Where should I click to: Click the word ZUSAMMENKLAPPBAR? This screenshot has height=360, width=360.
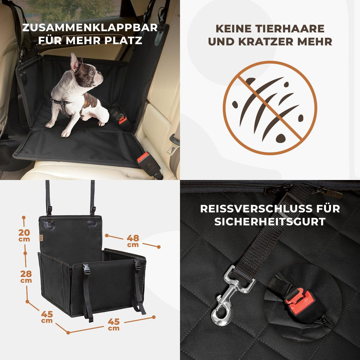pos(90,27)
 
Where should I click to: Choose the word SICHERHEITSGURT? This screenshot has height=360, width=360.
pos(270,222)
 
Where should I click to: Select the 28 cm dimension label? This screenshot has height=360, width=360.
pos(26,276)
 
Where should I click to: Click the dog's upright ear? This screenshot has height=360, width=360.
pos(74,62)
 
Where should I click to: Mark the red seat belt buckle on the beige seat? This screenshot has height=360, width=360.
pos(143,157)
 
